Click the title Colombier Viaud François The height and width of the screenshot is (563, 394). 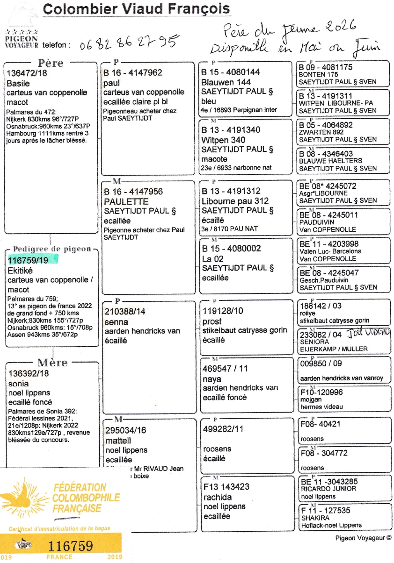click(136, 8)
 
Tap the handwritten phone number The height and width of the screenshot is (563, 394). click(130, 44)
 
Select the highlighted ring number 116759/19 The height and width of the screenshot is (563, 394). click(28, 260)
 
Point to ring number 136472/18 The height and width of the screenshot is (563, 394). click(27, 73)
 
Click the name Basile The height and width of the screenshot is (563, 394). click(18, 83)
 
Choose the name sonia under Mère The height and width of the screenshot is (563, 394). click(18, 383)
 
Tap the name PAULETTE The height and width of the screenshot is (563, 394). click(126, 201)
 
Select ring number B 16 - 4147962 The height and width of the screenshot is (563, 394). click(133, 73)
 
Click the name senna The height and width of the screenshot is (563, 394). click(116, 321)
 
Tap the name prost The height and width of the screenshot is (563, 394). click(212, 321)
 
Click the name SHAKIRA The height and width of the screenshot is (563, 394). click(315, 518)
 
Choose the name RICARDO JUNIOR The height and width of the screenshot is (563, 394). click(328, 488)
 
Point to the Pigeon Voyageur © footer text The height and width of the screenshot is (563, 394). click(363, 538)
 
